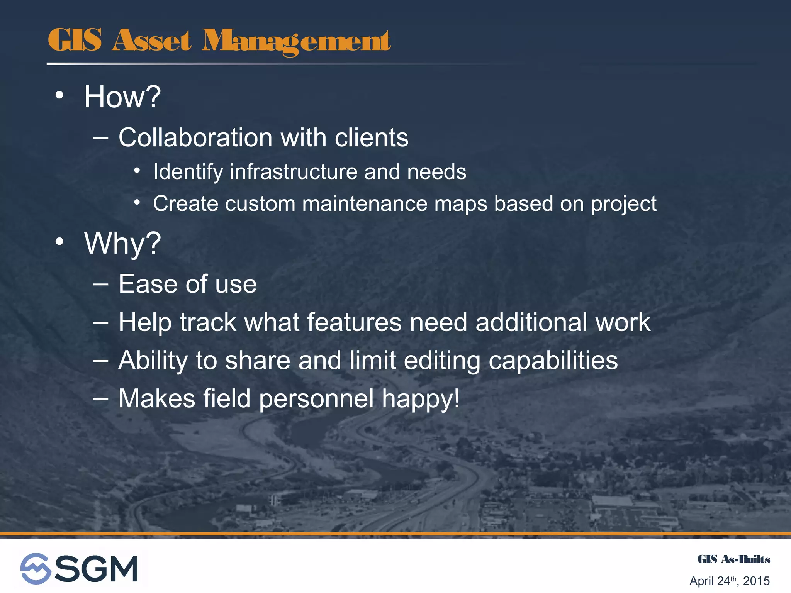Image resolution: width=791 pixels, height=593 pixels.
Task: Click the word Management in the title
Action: coord(296,41)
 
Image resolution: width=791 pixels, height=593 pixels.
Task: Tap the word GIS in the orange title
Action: coord(75,40)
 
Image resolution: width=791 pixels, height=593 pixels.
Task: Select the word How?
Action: coord(122,97)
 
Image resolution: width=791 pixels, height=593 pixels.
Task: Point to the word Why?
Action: coord(122,244)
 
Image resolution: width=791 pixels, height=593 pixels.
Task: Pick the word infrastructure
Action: coord(294,172)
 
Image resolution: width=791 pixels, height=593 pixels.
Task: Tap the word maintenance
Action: coord(365,203)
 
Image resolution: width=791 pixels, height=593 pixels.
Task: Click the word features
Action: coord(354,322)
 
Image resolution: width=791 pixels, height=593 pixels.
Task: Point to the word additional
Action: coord(531,322)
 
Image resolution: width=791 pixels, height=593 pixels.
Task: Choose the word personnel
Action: coord(316,399)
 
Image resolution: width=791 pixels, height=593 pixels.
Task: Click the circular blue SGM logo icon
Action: coord(36,568)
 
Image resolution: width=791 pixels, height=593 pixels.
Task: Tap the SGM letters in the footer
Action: coord(97,569)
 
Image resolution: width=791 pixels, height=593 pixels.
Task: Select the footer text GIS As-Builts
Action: coord(733,559)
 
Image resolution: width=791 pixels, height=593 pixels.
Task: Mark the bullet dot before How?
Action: coord(59,95)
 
